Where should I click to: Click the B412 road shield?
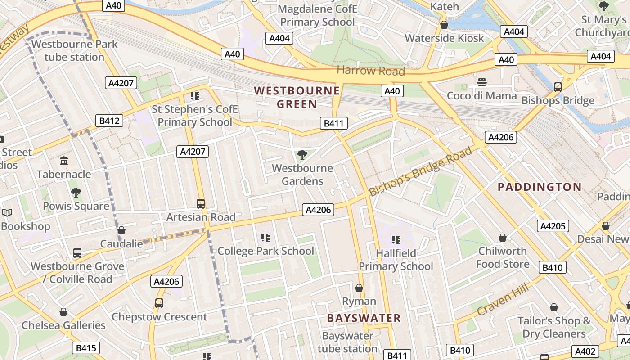point(109,121)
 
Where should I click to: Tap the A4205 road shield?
point(553,226)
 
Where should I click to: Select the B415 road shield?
point(86,348)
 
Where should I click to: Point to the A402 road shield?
point(585,351)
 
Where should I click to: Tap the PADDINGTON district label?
point(540,187)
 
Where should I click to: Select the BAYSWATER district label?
point(364,318)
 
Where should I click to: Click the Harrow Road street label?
point(371,71)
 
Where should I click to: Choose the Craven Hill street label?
point(502,299)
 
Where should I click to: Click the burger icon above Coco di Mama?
point(482,83)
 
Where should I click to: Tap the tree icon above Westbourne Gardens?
point(302,155)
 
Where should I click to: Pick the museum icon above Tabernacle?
point(64,161)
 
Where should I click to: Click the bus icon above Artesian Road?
point(201,203)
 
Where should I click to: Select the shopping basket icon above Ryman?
point(359,288)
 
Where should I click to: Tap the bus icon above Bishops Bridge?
point(558,87)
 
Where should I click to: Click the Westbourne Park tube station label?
point(74,51)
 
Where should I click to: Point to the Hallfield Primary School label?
point(396,260)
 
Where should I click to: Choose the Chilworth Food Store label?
point(503,257)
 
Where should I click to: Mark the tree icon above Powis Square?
point(76,193)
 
